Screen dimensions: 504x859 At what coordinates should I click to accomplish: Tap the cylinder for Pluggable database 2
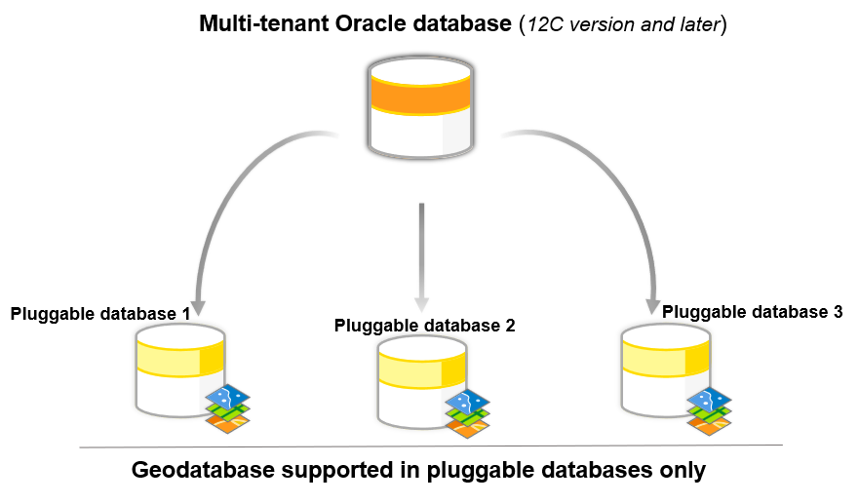[x=420, y=381]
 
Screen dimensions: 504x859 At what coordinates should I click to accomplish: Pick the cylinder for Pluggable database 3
[x=664, y=370]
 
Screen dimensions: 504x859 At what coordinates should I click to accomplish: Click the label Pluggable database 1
[x=100, y=314]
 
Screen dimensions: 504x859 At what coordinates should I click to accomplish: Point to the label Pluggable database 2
[x=424, y=326]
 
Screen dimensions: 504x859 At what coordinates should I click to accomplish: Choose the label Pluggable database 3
[x=752, y=312]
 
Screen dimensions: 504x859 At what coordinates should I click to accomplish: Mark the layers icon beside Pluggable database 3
[x=709, y=407]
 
